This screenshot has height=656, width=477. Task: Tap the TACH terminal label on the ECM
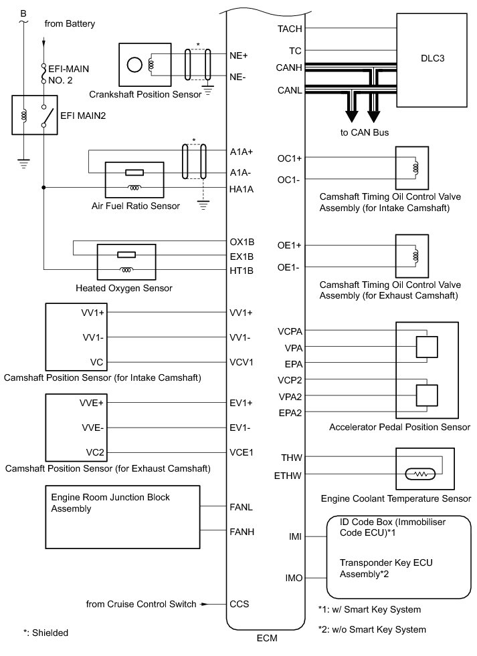pos(289,29)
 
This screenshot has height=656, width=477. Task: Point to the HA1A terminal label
pos(241,189)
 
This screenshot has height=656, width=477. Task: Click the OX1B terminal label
pos(242,242)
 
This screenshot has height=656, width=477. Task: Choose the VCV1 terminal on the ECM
pos(242,363)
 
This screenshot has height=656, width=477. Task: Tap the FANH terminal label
pos(241,532)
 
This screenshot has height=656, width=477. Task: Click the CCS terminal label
pos(239,604)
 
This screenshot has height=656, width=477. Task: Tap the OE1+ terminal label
pos(290,246)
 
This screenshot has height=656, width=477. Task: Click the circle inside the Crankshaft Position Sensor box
pos(135,65)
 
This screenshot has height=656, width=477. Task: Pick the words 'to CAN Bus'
pos(365,132)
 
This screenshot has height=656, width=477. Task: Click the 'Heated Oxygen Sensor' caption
pos(124,289)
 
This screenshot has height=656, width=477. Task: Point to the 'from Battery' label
pos(70,24)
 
